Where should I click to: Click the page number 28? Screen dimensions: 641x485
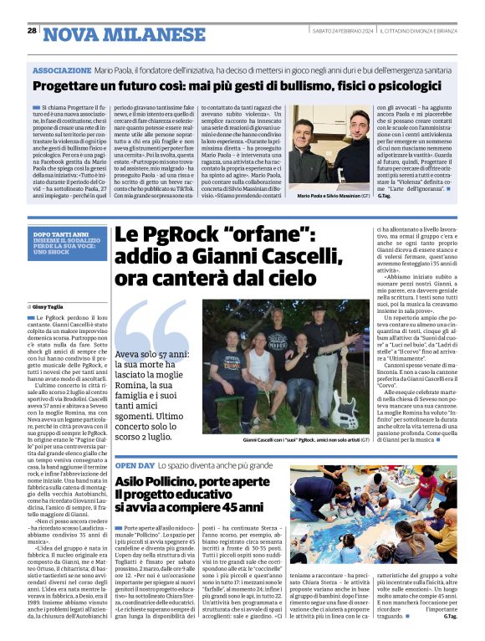32,31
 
